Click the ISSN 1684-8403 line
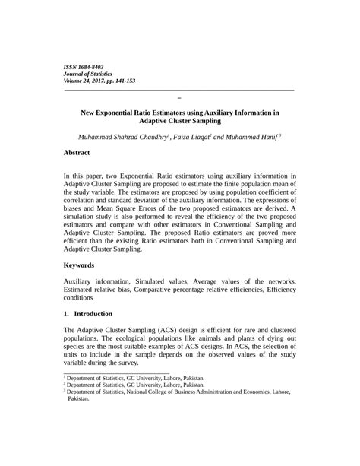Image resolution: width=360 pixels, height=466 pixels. (83, 67)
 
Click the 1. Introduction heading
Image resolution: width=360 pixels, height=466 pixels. (88, 314)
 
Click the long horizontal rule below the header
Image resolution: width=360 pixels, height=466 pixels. (179, 90)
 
